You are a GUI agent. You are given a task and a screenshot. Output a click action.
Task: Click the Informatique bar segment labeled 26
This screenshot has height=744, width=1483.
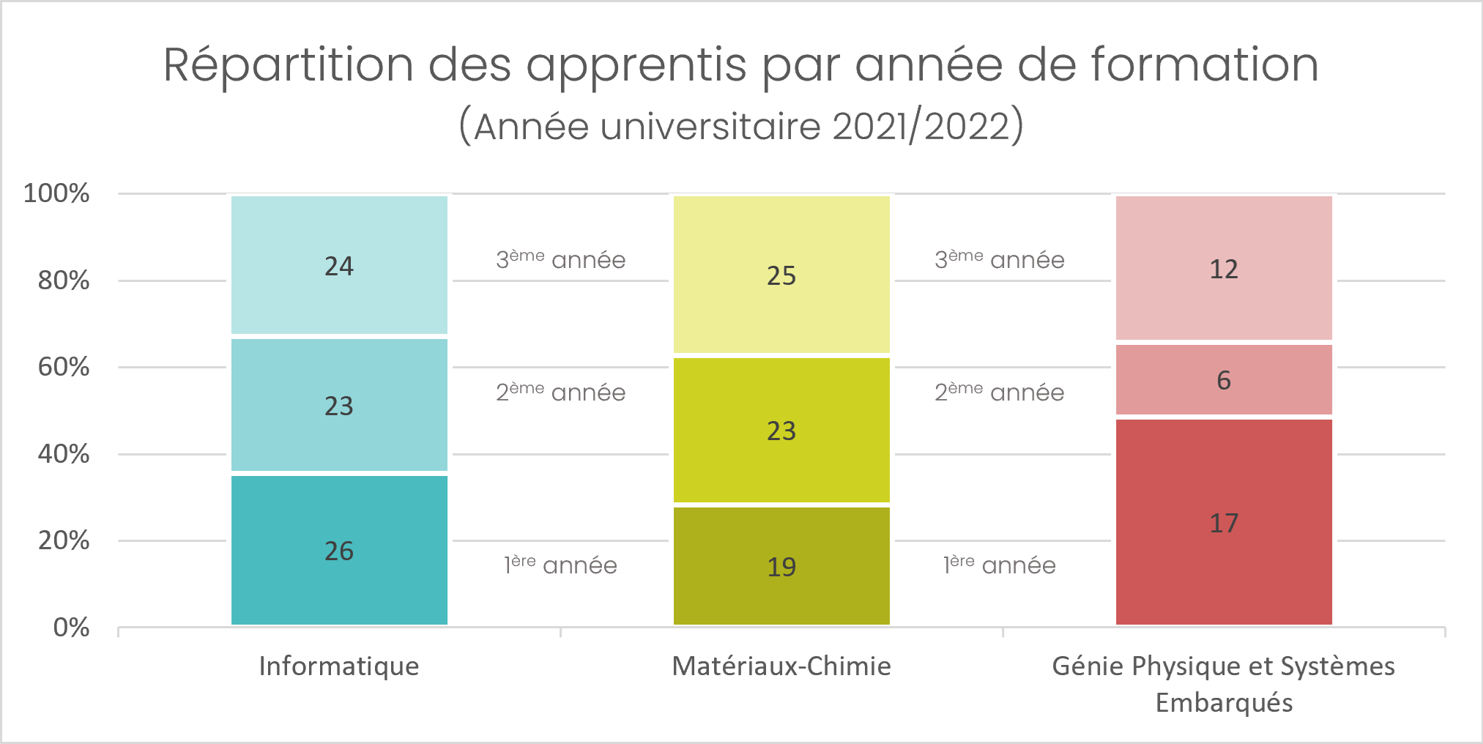pyautogui.click(x=339, y=550)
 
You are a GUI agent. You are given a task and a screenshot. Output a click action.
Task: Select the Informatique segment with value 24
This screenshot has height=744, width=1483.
pyautogui.click(x=339, y=265)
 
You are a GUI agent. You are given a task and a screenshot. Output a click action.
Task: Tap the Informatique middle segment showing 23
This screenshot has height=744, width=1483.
pyautogui.click(x=339, y=405)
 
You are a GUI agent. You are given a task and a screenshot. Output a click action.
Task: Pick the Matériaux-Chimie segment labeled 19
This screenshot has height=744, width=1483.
pyautogui.click(x=781, y=566)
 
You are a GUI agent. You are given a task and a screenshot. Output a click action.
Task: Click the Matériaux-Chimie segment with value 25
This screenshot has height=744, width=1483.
pyautogui.click(x=781, y=275)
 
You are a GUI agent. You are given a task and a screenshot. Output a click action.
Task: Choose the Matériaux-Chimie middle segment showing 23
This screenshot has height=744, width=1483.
pyautogui.click(x=781, y=430)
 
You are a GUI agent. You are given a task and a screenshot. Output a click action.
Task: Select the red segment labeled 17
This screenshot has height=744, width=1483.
pyautogui.click(x=1224, y=522)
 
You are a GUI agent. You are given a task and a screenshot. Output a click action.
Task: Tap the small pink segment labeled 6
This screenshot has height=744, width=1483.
pyautogui.click(x=1224, y=379)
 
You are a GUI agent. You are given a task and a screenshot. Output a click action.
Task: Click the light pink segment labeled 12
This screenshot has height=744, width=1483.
pyautogui.click(x=1224, y=268)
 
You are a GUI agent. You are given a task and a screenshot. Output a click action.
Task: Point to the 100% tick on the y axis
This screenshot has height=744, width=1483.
pyautogui.click(x=56, y=193)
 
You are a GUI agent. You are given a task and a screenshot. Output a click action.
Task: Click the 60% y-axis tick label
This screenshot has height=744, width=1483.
pyautogui.click(x=64, y=367)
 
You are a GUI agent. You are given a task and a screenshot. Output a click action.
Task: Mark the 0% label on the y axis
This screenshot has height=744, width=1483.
pyautogui.click(x=71, y=628)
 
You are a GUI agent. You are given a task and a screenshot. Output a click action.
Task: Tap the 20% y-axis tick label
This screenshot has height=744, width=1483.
pyautogui.click(x=64, y=540)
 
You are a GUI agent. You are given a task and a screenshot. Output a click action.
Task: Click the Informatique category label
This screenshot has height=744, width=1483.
pyautogui.click(x=339, y=666)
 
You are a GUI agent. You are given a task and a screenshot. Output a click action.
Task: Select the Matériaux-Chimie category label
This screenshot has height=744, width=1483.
pyautogui.click(x=781, y=666)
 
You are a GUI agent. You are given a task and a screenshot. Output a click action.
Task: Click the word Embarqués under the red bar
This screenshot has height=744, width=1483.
pyautogui.click(x=1224, y=703)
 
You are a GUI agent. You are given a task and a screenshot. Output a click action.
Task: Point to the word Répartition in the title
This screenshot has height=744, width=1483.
pyautogui.click(x=288, y=66)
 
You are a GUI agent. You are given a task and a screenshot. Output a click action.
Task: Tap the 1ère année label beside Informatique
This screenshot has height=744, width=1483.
pyautogui.click(x=560, y=565)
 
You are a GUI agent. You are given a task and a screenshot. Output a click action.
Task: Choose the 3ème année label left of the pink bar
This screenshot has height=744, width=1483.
pyautogui.click(x=999, y=260)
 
